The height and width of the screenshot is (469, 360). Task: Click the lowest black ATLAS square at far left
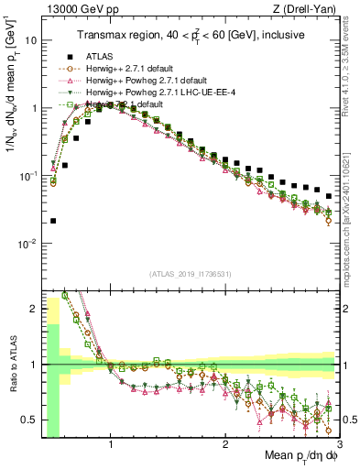point(53,221)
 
